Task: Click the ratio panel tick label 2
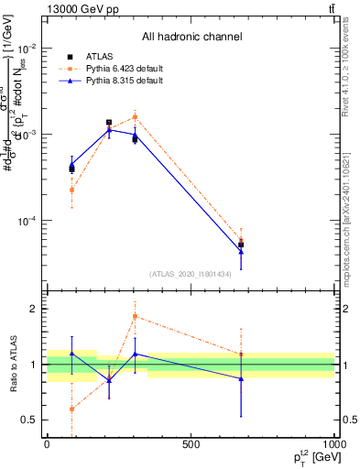[34, 309]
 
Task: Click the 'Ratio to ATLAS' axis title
[11, 364]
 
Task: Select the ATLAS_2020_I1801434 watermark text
[191, 273]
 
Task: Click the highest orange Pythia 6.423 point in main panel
[135, 117]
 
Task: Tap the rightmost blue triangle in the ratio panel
[241, 378]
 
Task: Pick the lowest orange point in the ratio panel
[71, 409]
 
